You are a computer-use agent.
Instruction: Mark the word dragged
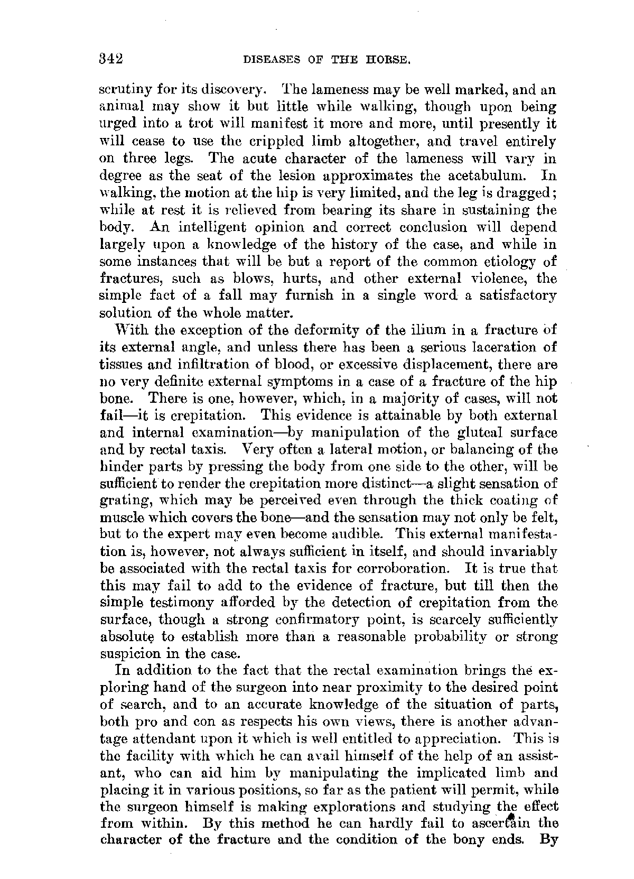(x=528, y=193)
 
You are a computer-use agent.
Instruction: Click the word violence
(x=499, y=279)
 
